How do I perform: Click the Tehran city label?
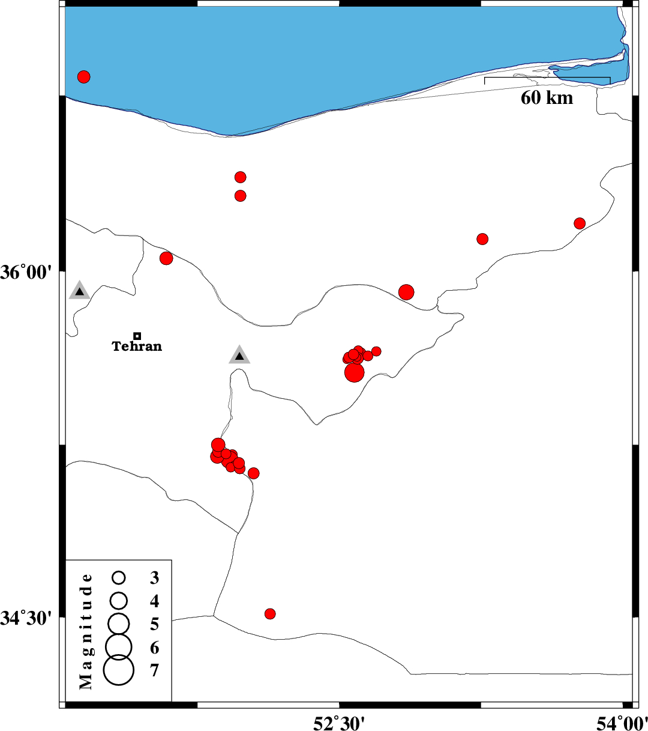pos(137,347)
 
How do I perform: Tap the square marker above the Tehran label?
pos(137,336)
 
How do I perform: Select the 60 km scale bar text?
pos(547,98)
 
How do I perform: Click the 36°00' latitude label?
pos(26,272)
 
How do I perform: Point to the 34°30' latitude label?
pos(26,618)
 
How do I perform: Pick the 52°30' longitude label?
pos(339,723)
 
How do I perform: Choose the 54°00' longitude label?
pos(622,723)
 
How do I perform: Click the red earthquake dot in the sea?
pos(84,77)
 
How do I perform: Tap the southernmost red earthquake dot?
pos(270,614)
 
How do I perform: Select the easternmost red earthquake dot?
pos(580,223)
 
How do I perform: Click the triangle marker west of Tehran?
pos(79,291)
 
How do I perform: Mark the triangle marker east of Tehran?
pos(239,356)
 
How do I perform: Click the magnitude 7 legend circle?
pos(119,670)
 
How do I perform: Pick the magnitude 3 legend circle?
pos(119,578)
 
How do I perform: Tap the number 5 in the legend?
pos(155,625)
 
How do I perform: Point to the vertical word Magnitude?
pos(86,631)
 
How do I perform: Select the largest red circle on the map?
pos(355,372)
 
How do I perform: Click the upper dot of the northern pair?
pos(241,177)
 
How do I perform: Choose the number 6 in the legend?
pos(155,648)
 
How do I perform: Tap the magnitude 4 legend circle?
pos(119,600)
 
